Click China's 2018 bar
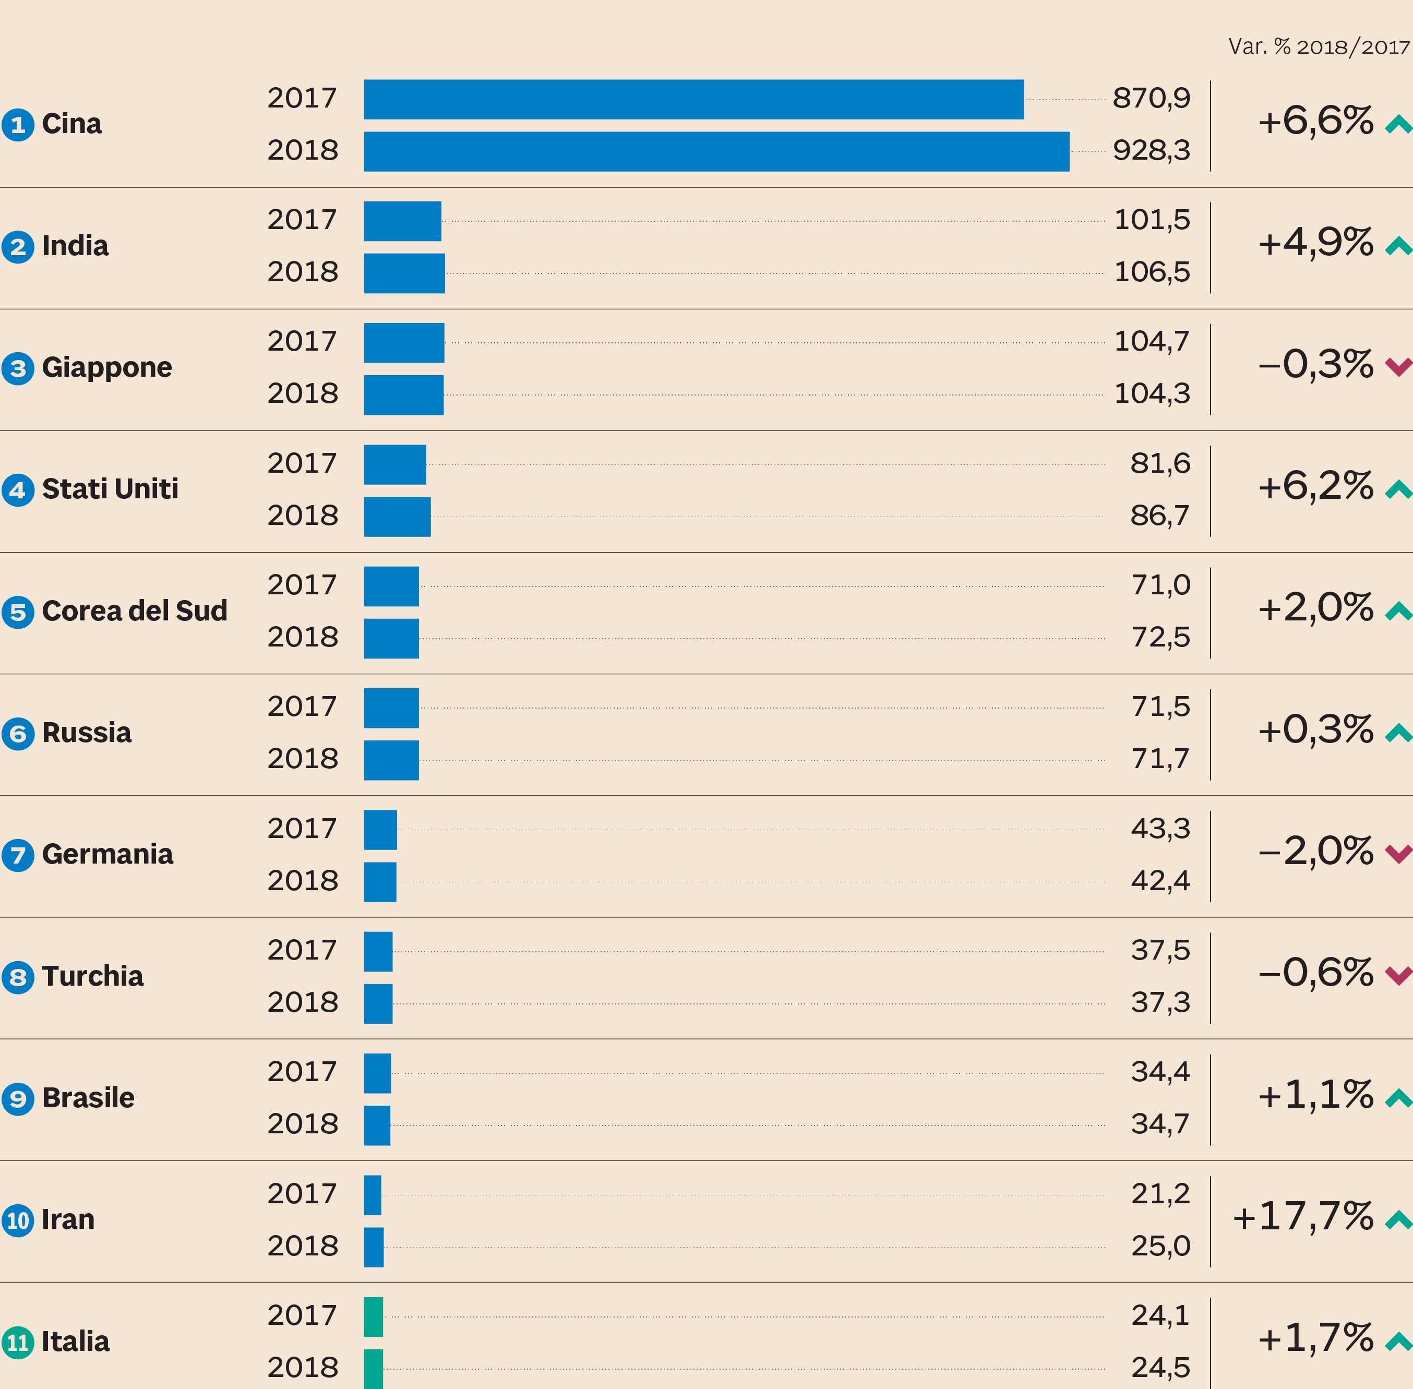click(716, 152)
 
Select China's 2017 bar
click(693, 99)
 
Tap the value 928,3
click(1151, 151)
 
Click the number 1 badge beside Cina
click(18, 125)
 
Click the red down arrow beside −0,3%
click(1398, 366)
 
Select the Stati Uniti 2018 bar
click(397, 517)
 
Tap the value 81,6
click(1160, 464)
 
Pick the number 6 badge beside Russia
click(18, 733)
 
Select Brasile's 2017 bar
click(377, 1073)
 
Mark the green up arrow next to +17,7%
click(1398, 1219)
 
